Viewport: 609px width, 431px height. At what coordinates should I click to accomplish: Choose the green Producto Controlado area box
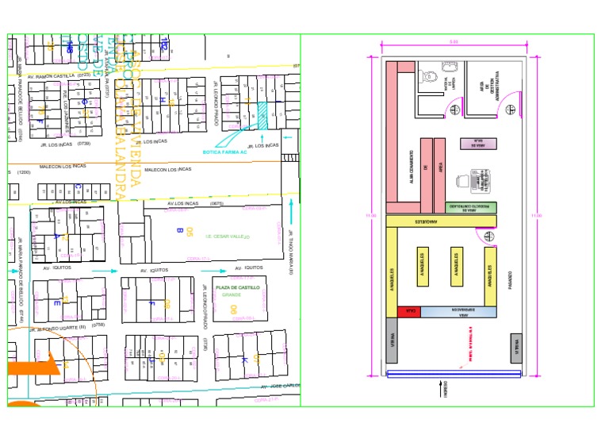coord(471,207)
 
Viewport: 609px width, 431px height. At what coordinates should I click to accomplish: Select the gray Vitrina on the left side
coord(391,340)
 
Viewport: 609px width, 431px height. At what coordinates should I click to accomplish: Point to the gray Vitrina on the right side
coord(516,348)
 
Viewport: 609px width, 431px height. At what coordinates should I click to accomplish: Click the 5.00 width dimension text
coord(454,41)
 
